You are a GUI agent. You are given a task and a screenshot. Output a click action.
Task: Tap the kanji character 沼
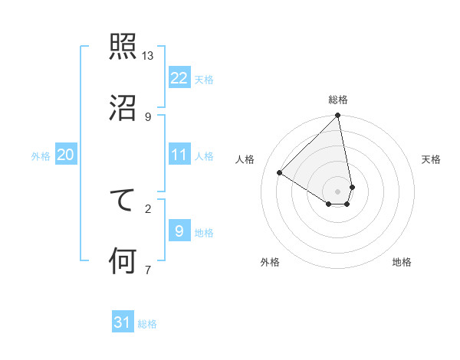click(123, 106)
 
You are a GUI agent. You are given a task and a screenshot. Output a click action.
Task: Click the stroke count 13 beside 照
click(148, 56)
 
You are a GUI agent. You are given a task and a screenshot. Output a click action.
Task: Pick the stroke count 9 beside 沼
click(148, 116)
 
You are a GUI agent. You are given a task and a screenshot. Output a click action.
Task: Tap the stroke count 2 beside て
click(148, 208)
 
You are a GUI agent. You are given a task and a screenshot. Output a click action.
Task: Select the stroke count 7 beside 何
click(148, 269)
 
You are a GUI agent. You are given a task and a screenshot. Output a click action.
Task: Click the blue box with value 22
click(179, 77)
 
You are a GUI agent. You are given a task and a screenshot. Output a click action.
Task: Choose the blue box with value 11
click(179, 155)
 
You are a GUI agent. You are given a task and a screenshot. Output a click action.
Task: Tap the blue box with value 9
click(179, 231)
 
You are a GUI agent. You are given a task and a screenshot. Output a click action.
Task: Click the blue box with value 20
click(65, 155)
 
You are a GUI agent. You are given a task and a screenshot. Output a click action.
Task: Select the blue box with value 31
click(123, 322)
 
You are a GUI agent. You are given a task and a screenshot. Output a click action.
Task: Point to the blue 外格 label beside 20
click(41, 156)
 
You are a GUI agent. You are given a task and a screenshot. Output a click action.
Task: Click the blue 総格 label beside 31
click(147, 324)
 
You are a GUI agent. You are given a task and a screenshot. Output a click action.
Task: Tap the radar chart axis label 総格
click(338, 100)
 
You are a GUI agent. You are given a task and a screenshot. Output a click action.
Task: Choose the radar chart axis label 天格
click(432, 159)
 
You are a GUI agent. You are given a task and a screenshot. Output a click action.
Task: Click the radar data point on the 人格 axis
click(280, 173)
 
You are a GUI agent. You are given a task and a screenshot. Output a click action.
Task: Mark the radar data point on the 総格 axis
click(338, 116)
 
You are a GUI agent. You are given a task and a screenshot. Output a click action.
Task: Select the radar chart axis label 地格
click(402, 262)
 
